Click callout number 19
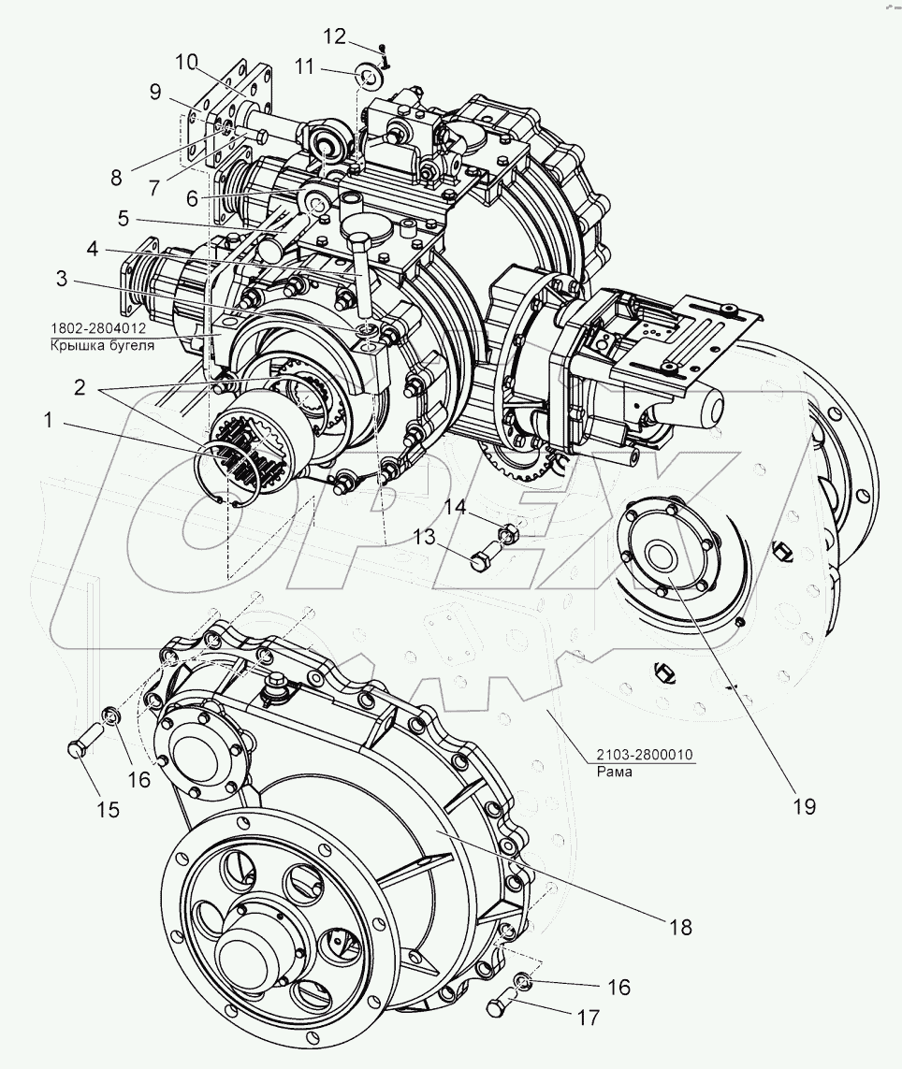[x=805, y=806]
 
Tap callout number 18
[x=681, y=927]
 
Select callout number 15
[x=108, y=809]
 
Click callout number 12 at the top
[x=334, y=36]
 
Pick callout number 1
[x=48, y=421]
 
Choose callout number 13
[x=424, y=537]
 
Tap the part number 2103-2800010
[x=645, y=754]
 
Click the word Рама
[x=614, y=772]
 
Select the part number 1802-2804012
[x=97, y=328]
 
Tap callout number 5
[x=123, y=218]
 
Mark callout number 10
[x=185, y=62]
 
